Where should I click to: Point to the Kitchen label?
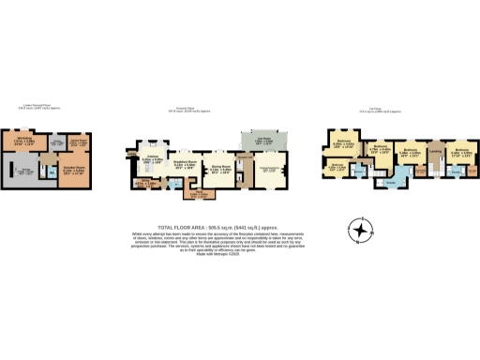153,158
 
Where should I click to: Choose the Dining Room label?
222,170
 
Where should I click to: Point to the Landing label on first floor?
436,151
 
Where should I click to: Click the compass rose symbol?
359,229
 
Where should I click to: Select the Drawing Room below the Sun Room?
272,170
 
